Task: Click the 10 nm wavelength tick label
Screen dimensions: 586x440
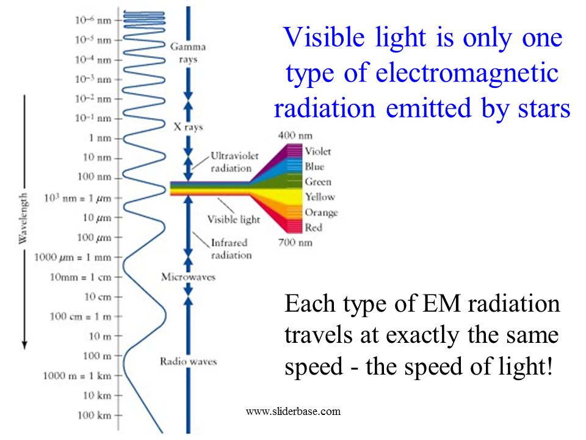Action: pos(97,158)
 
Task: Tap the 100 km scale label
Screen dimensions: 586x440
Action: pos(94,415)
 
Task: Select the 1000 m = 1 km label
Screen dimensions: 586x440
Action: pos(77,375)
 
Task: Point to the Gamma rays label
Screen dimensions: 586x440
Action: pos(188,53)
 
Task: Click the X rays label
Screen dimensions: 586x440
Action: pos(189,127)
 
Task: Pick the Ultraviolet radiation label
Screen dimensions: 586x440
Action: pos(234,162)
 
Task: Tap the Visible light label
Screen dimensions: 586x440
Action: pos(234,219)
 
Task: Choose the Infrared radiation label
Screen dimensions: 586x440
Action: pos(231,249)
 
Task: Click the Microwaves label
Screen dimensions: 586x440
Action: pos(189,277)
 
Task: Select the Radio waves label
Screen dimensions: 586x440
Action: pos(189,361)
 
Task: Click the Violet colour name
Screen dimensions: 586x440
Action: pos(317,151)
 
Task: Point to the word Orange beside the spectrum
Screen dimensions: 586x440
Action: pos(321,213)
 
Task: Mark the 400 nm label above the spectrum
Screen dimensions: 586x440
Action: pos(295,136)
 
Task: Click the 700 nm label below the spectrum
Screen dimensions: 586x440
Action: pos(295,243)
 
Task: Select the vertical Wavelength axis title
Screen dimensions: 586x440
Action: pos(23,219)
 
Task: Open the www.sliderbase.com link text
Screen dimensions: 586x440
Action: pos(294,411)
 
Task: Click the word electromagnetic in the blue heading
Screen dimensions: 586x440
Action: pos(467,73)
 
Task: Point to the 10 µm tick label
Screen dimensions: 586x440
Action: pos(97,218)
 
